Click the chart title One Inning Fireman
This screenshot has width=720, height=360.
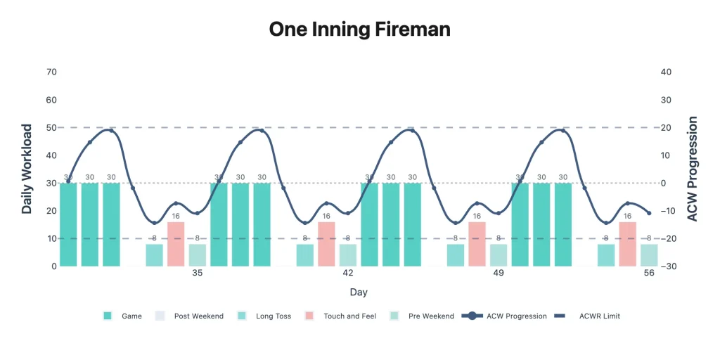coord(359,30)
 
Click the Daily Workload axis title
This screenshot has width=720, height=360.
coord(27,169)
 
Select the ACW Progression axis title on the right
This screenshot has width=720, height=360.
coord(693,169)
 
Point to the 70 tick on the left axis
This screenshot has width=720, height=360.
coord(51,72)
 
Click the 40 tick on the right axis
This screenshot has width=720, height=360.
coord(667,72)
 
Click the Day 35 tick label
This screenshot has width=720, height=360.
coord(198,274)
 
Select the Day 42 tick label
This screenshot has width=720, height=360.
coord(348,274)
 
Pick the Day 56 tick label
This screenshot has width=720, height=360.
coord(649,274)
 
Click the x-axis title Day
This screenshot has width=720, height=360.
coord(359,292)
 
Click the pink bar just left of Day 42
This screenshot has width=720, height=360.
coord(326,244)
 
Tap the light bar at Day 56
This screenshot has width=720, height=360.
coord(649,255)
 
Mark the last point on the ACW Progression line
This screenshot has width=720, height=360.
coord(649,213)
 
